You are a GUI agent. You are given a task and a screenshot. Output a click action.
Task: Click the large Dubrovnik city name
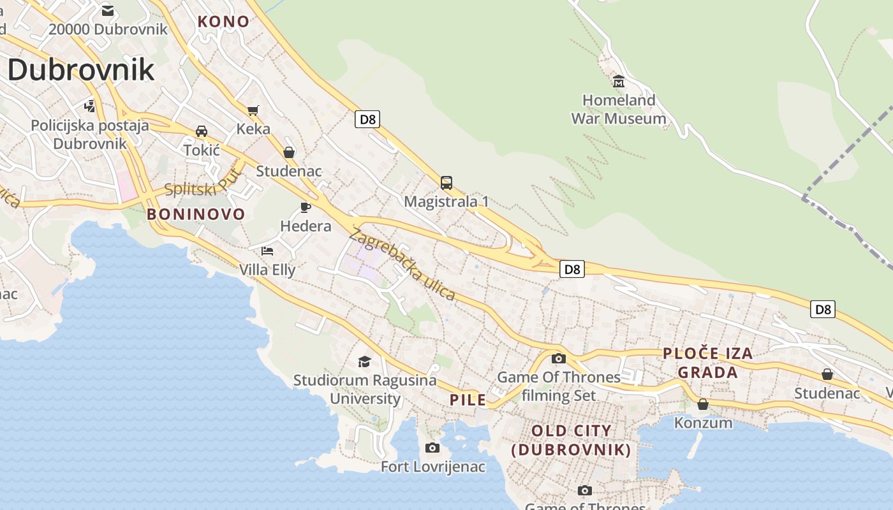tap(81, 69)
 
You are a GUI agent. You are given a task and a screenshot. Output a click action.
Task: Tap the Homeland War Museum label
tap(618, 109)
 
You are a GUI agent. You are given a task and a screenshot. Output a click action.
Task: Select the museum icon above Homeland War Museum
tap(618, 81)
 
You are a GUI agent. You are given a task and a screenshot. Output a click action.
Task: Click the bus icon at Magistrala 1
tap(447, 183)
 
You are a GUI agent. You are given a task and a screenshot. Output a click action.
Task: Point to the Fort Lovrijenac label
tap(432, 467)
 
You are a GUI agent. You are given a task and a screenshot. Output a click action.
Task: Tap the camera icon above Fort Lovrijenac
tap(432, 448)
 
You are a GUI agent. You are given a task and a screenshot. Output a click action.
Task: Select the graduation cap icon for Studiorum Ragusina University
tap(364, 361)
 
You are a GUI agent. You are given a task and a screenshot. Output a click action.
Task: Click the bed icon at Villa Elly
tap(267, 251)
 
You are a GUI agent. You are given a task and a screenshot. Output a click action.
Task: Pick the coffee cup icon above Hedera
tap(306, 207)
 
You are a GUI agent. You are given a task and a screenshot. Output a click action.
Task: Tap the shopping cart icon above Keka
tap(253, 110)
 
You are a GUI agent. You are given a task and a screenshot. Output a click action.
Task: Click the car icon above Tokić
tap(202, 131)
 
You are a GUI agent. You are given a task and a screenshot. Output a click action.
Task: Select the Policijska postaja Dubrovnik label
tap(90, 134)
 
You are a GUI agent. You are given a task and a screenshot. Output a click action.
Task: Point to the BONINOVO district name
tap(196, 214)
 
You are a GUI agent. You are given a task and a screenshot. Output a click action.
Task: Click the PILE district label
tap(468, 400)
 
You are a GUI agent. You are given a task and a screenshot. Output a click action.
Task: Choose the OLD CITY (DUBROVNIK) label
tap(572, 440)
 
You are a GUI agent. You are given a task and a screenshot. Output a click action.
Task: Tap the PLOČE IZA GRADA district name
tap(707, 363)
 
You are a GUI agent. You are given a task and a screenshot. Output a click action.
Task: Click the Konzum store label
tap(703, 423)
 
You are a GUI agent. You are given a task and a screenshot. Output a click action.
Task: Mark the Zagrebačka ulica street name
tap(402, 265)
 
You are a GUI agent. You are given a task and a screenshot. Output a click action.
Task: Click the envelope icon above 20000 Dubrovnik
tap(108, 11)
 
